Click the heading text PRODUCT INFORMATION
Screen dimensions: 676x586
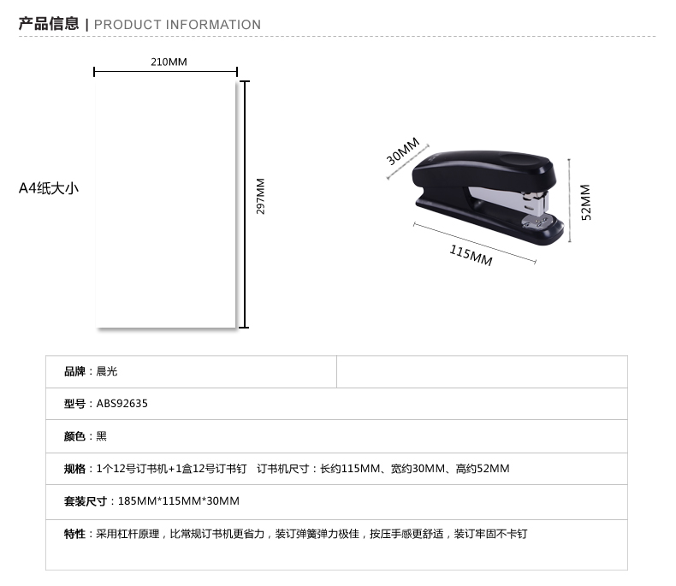tap(177, 25)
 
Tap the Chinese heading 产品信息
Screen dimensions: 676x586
tap(49, 24)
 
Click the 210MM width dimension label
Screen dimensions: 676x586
tap(169, 62)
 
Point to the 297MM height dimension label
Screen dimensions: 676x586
tap(260, 196)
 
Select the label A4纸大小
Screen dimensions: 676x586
tap(49, 188)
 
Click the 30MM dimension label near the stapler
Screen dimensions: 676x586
tap(403, 151)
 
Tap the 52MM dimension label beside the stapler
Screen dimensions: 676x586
tap(586, 203)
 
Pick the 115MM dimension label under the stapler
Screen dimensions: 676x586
tap(471, 256)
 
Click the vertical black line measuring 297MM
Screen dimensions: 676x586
tap(245, 204)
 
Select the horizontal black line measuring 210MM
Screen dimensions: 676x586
tap(165, 72)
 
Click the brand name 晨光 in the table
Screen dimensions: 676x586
tap(106, 371)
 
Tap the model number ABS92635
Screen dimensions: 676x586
tap(122, 404)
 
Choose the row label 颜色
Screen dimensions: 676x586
tap(74, 436)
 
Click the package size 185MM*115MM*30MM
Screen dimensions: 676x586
tap(179, 501)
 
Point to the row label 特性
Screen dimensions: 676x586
tap(74, 534)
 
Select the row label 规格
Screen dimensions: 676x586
tap(74, 469)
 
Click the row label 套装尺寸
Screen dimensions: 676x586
tap(86, 501)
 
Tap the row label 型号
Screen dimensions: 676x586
tap(74, 404)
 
